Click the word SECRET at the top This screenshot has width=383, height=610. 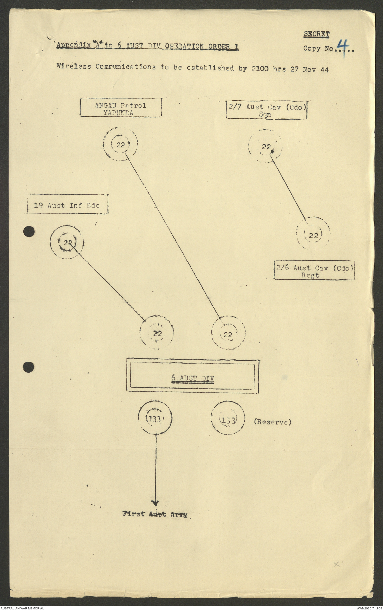(316, 34)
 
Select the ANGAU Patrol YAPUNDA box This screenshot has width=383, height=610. (121, 108)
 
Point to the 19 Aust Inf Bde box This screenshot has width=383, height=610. (67, 204)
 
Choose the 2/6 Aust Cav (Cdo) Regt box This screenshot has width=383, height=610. (314, 270)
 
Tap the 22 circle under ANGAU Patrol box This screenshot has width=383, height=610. (120, 144)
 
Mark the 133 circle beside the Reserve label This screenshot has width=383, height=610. (228, 418)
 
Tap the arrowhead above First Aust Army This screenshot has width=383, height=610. (155, 503)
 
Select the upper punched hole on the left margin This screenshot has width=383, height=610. (29, 231)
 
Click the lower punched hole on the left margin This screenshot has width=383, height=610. (29, 367)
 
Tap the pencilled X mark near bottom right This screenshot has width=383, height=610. (337, 564)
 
